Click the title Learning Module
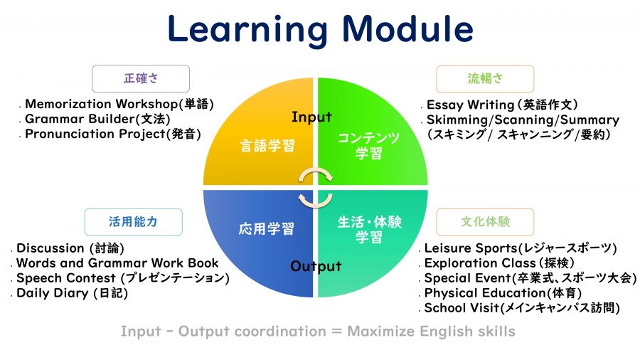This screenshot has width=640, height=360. tap(319, 28)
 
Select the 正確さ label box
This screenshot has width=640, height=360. tap(141, 79)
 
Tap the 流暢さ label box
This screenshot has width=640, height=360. tap(484, 79)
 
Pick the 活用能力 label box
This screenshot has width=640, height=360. tap(133, 222)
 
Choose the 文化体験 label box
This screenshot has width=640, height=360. tap(484, 222)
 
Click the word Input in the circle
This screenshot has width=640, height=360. tap(311, 116)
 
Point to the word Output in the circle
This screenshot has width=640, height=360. tap(316, 267)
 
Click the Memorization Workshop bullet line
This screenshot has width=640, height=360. tap(119, 104)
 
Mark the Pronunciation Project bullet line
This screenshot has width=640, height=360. tap(112, 134)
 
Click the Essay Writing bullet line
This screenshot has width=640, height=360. tap(502, 105)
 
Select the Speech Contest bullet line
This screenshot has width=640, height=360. tap(122, 278)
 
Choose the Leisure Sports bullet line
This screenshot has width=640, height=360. tap(520, 248)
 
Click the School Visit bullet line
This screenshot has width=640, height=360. tap(522, 308)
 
